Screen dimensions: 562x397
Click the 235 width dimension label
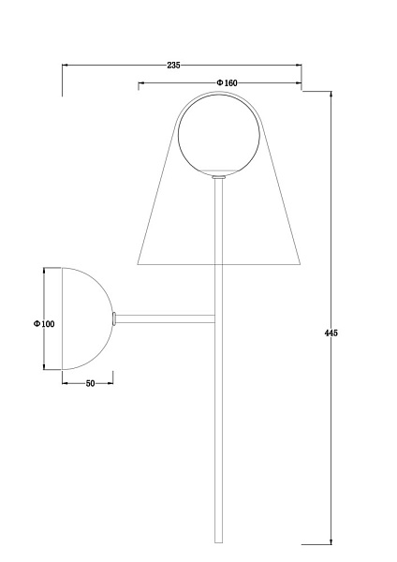pos(173,66)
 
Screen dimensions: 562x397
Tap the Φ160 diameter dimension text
pos(228,83)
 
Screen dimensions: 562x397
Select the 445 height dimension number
pos(331,333)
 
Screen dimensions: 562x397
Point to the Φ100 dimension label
pos(44,323)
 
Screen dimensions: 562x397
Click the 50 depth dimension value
pos(91,383)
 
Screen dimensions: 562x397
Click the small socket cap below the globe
pos(219,175)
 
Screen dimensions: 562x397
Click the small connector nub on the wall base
pos(114,318)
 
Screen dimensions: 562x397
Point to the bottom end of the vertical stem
pos(219,540)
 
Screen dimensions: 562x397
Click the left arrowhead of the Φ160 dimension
pos(141,83)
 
